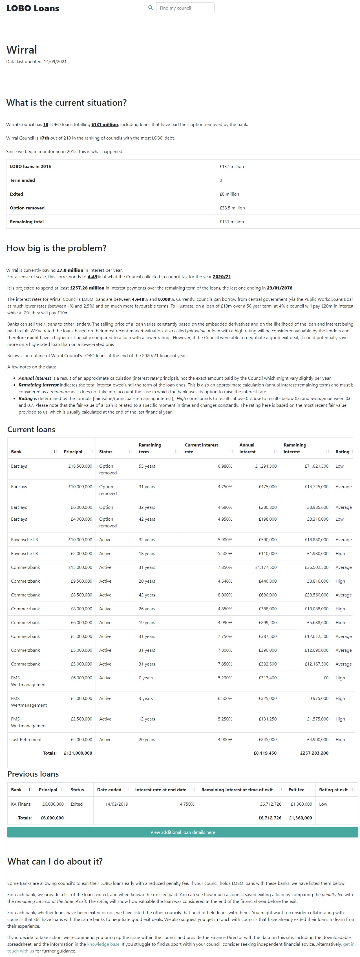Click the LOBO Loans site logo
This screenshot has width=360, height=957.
[33, 8]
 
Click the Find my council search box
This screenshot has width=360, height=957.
[185, 8]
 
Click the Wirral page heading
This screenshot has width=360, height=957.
[21, 50]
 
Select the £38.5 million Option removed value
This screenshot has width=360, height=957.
[232, 208]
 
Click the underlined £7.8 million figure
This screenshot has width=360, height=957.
[70, 270]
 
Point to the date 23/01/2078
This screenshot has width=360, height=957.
[279, 288]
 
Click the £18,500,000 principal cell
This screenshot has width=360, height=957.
[80, 466]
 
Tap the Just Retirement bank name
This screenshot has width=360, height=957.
[26, 739]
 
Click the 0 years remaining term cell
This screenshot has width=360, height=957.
[146, 678]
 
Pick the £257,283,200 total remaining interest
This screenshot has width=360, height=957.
[314, 753]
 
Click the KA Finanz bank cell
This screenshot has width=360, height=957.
[21, 804]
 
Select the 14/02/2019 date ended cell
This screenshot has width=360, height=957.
[117, 804]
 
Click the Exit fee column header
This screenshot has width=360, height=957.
[297, 790]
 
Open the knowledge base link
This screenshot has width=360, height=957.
[103, 944]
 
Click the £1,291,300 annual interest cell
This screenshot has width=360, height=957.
[266, 466]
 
